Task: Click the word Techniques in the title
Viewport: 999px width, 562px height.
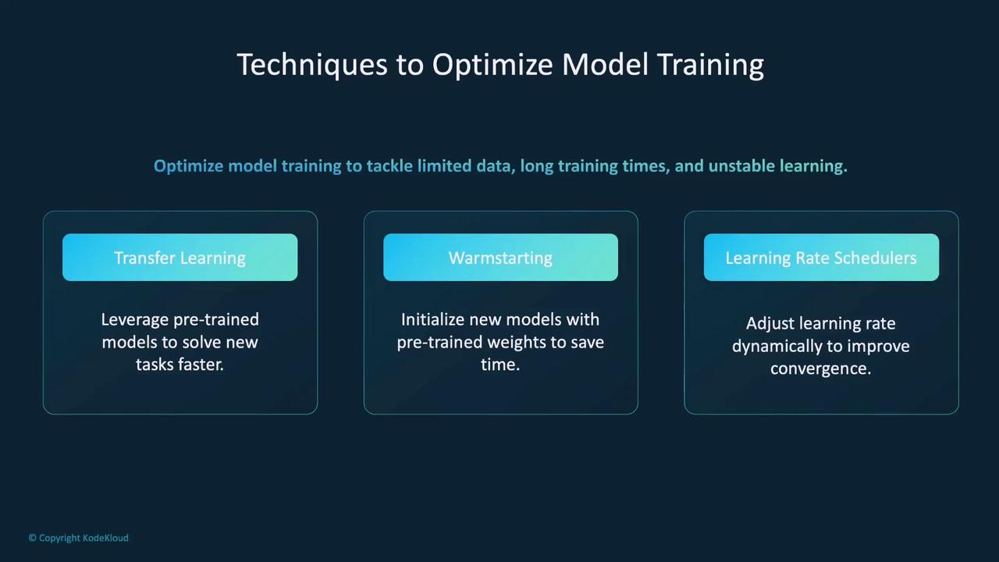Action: pos(312,65)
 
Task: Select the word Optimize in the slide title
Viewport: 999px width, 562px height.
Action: pos(492,65)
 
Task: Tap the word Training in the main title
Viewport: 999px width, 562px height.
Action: pos(711,65)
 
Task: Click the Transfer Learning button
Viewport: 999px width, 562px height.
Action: pos(180,258)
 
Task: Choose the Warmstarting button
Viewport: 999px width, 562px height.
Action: pos(500,258)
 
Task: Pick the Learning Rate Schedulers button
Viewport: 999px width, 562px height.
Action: pos(821,258)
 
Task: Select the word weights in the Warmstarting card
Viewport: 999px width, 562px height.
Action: pos(517,343)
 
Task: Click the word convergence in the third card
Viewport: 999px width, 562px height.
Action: pos(819,369)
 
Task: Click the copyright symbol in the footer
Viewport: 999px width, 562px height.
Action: pos(33,538)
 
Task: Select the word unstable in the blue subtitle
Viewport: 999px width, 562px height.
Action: pos(741,166)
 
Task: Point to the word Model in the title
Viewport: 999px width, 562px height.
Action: pos(605,65)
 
